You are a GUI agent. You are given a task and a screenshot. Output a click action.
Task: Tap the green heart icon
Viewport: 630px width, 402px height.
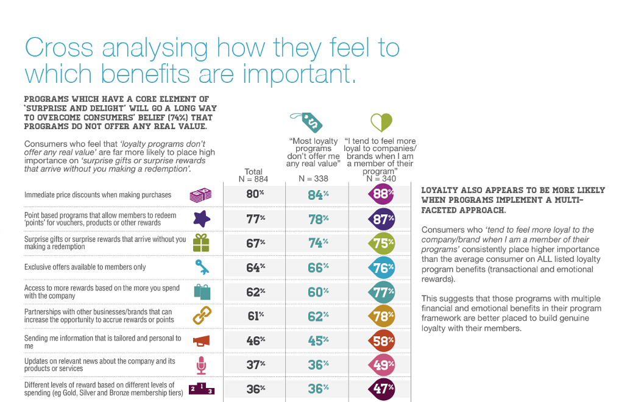click(x=381, y=122)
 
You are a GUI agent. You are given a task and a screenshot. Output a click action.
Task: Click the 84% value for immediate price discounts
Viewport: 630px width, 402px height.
click(x=318, y=196)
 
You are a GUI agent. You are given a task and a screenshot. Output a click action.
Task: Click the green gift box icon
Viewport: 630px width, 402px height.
click(x=201, y=243)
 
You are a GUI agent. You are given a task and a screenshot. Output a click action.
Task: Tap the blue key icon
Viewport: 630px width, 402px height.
click(x=201, y=267)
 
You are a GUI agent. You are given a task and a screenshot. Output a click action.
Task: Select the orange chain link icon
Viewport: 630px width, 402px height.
click(x=201, y=316)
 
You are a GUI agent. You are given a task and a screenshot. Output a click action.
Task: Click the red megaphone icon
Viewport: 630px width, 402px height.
click(x=201, y=340)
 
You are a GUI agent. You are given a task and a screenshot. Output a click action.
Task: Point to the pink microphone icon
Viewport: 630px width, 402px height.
click(x=201, y=365)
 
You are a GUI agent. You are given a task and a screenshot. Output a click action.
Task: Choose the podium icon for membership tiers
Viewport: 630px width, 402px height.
click(x=201, y=389)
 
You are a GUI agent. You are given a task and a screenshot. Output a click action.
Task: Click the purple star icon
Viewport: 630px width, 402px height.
click(x=201, y=219)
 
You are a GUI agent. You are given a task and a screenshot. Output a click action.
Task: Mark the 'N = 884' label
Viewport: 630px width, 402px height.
click(x=253, y=179)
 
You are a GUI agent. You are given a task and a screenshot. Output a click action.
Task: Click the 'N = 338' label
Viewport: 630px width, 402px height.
click(x=313, y=179)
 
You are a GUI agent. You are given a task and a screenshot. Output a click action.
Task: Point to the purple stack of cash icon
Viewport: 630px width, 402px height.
click(x=200, y=196)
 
